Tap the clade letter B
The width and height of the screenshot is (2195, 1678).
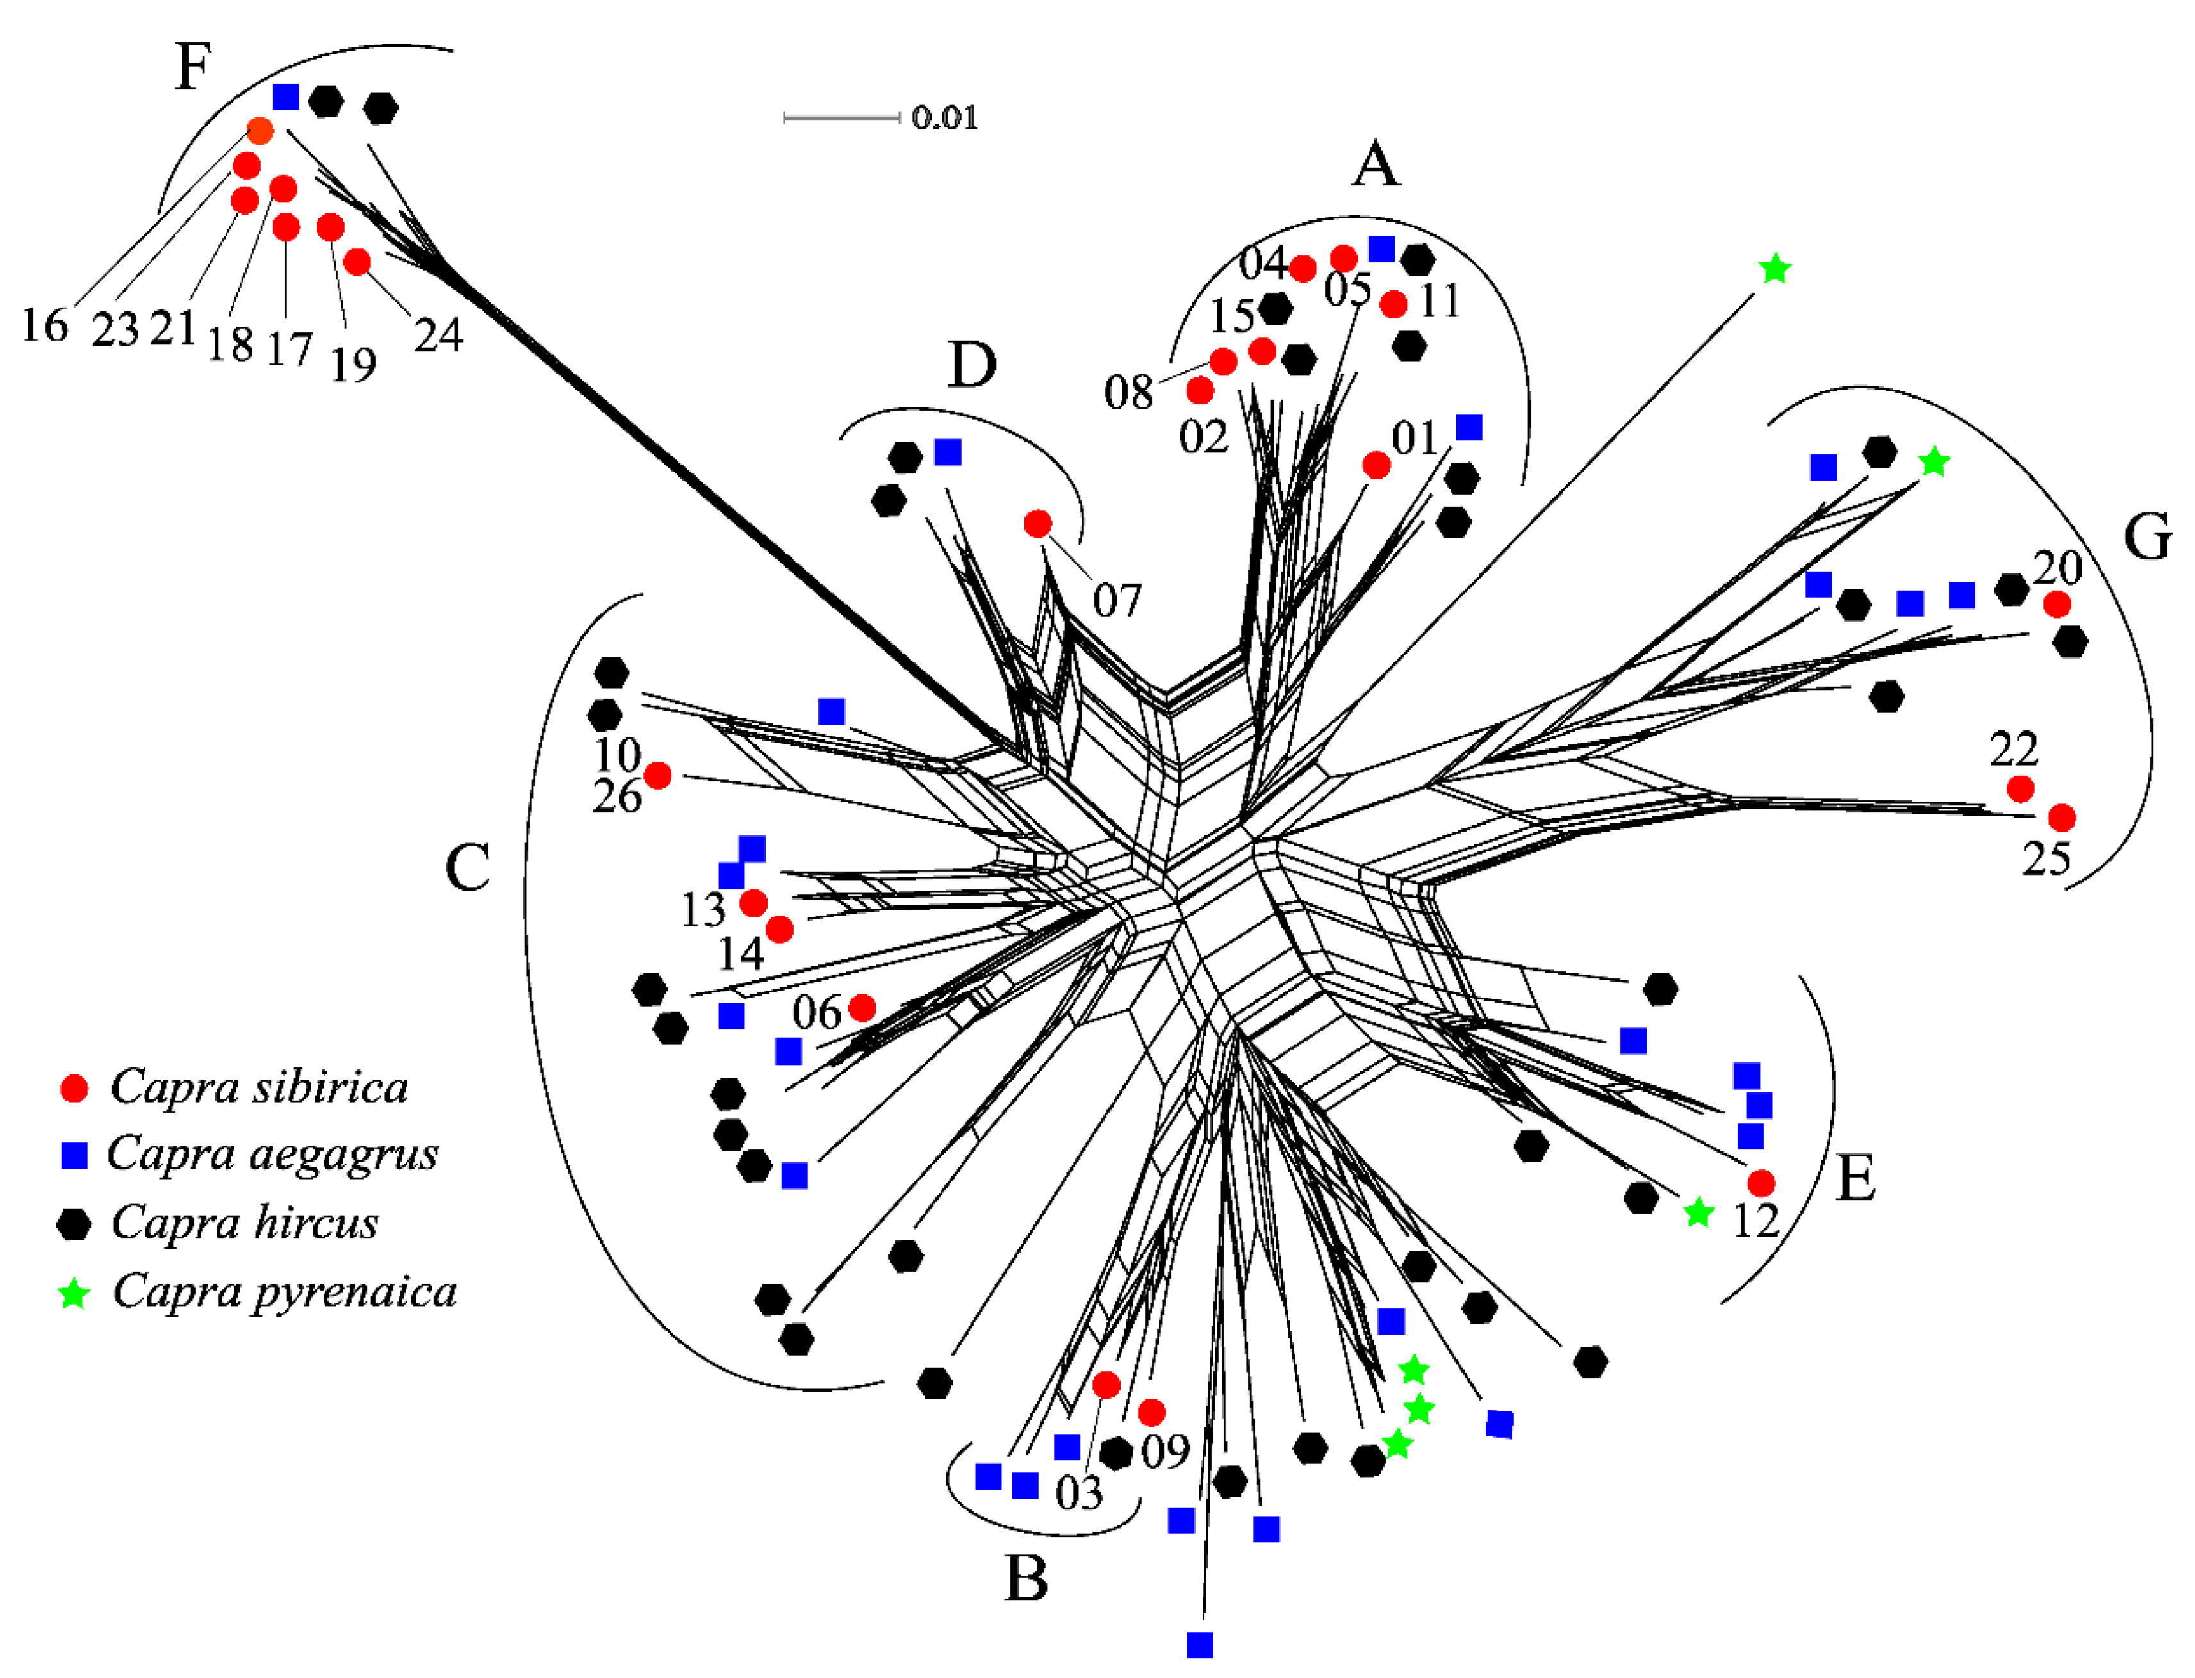[1026, 1579]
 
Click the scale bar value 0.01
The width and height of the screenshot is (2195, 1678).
[944, 118]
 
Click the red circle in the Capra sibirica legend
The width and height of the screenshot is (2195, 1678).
[74, 1089]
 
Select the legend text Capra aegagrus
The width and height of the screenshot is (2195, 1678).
[273, 1154]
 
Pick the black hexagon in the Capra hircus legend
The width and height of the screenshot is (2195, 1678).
[74, 1224]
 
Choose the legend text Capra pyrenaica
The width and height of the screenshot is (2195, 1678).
[284, 1292]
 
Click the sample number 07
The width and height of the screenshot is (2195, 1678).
[1115, 600]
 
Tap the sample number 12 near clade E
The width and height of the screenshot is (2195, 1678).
[1755, 1221]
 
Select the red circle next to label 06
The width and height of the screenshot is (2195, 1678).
[862, 1008]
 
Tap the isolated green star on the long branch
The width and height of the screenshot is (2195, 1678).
[1773, 268]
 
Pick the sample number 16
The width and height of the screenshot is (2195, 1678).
[44, 325]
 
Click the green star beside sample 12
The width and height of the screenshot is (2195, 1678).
[1698, 1213]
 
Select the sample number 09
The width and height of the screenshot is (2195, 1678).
[1165, 1451]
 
